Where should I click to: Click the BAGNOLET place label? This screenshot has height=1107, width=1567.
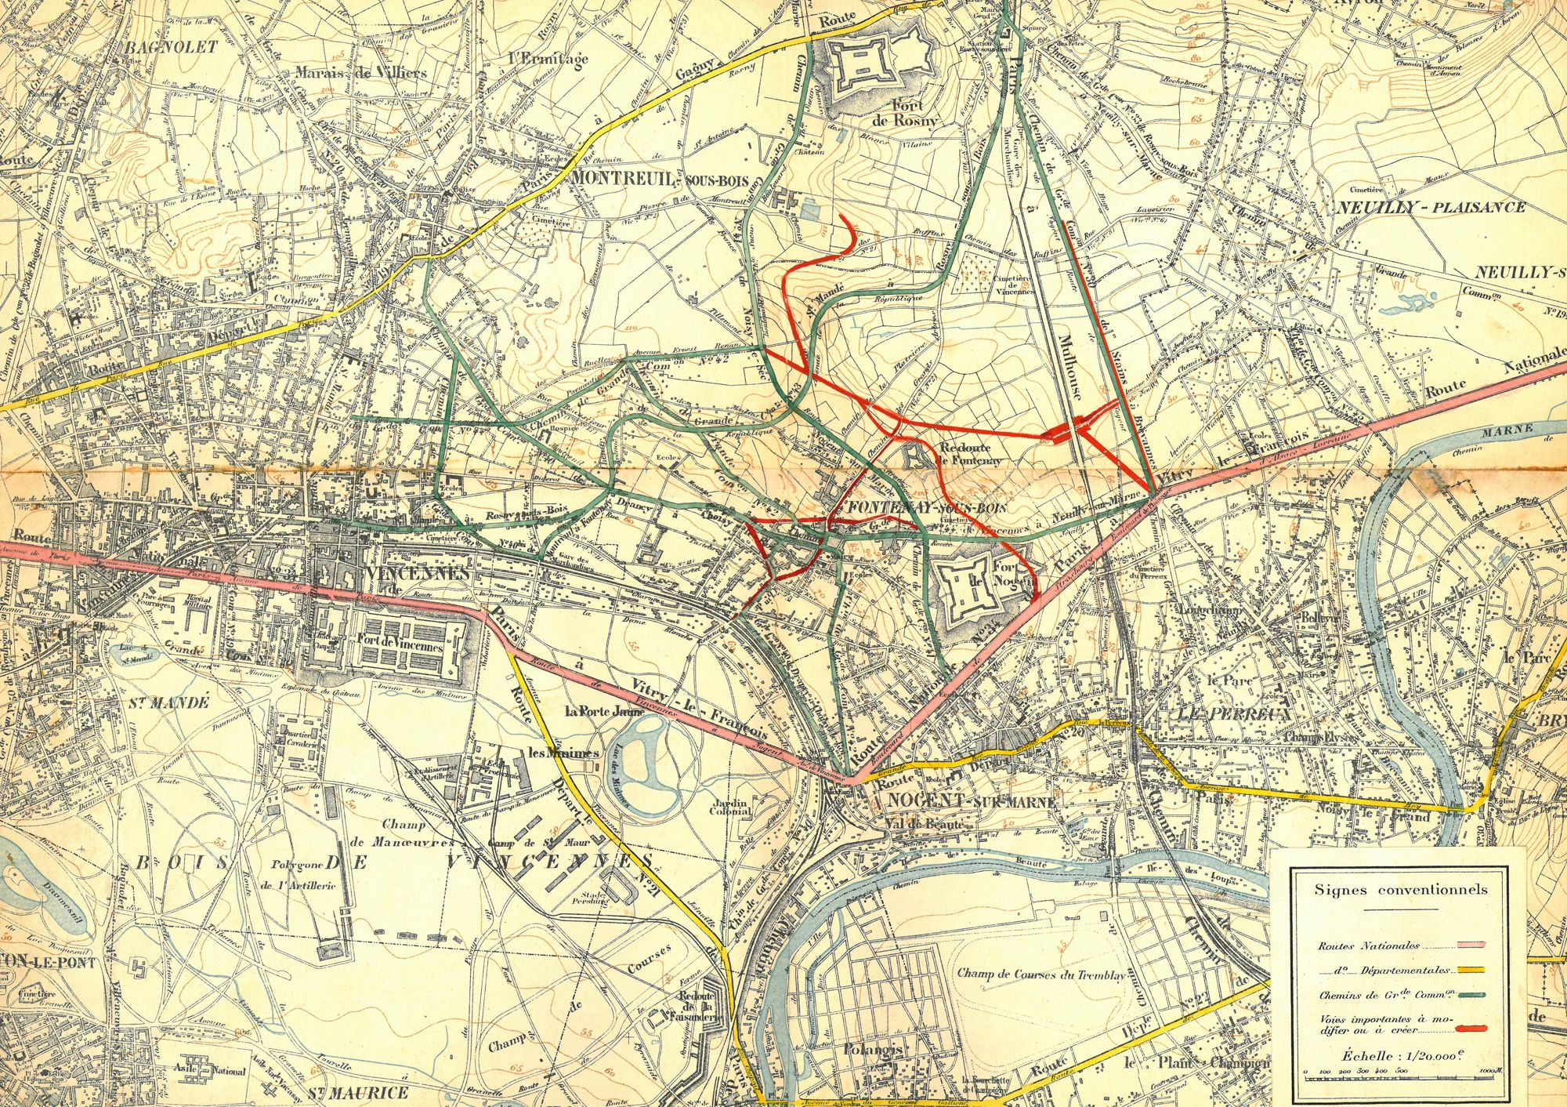pyautogui.click(x=171, y=47)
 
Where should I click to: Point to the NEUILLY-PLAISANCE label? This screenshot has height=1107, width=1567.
pyautogui.click(x=1431, y=208)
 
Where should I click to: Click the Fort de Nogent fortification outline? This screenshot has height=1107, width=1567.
pyautogui.click(x=972, y=589)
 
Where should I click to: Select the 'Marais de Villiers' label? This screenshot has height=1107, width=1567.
pyautogui.click(x=361, y=73)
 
